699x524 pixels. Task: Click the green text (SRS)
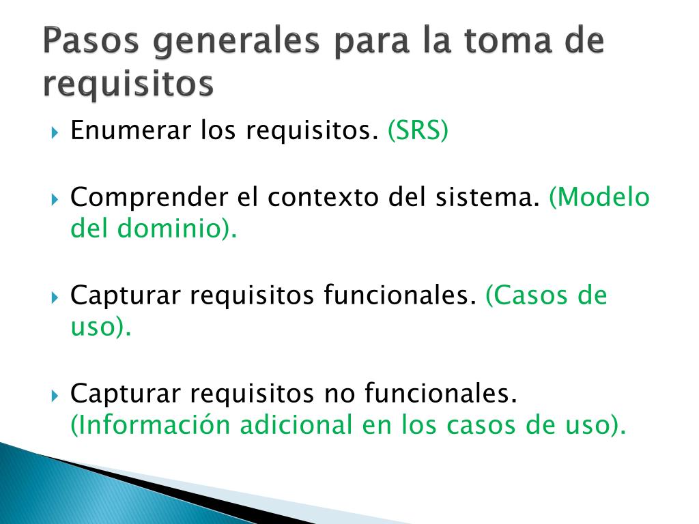pos(418,130)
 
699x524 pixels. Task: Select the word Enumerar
pos(129,130)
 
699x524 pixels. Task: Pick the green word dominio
pos(172,229)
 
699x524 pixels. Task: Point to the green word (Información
pos(149,425)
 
